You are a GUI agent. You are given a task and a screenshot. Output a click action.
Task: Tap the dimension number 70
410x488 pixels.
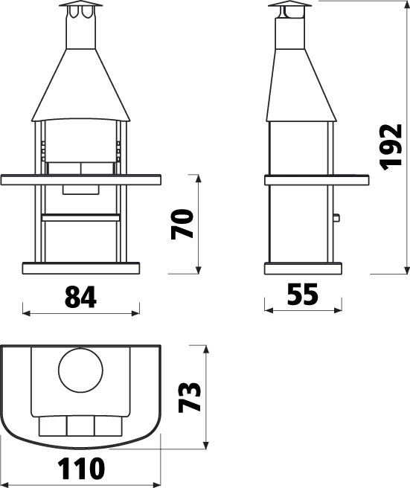click(x=182, y=224)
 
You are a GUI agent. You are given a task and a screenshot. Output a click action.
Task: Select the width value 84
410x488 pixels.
click(x=80, y=298)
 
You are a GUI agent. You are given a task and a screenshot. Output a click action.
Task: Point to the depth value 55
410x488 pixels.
click(x=303, y=294)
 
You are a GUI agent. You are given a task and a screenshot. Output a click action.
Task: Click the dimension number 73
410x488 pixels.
click(x=190, y=397)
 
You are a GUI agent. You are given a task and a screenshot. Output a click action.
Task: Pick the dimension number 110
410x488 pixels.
click(x=82, y=469)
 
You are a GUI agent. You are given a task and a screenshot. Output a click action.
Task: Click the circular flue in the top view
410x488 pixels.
click(x=80, y=370)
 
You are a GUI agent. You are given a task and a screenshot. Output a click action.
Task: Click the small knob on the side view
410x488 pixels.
click(x=336, y=217)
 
